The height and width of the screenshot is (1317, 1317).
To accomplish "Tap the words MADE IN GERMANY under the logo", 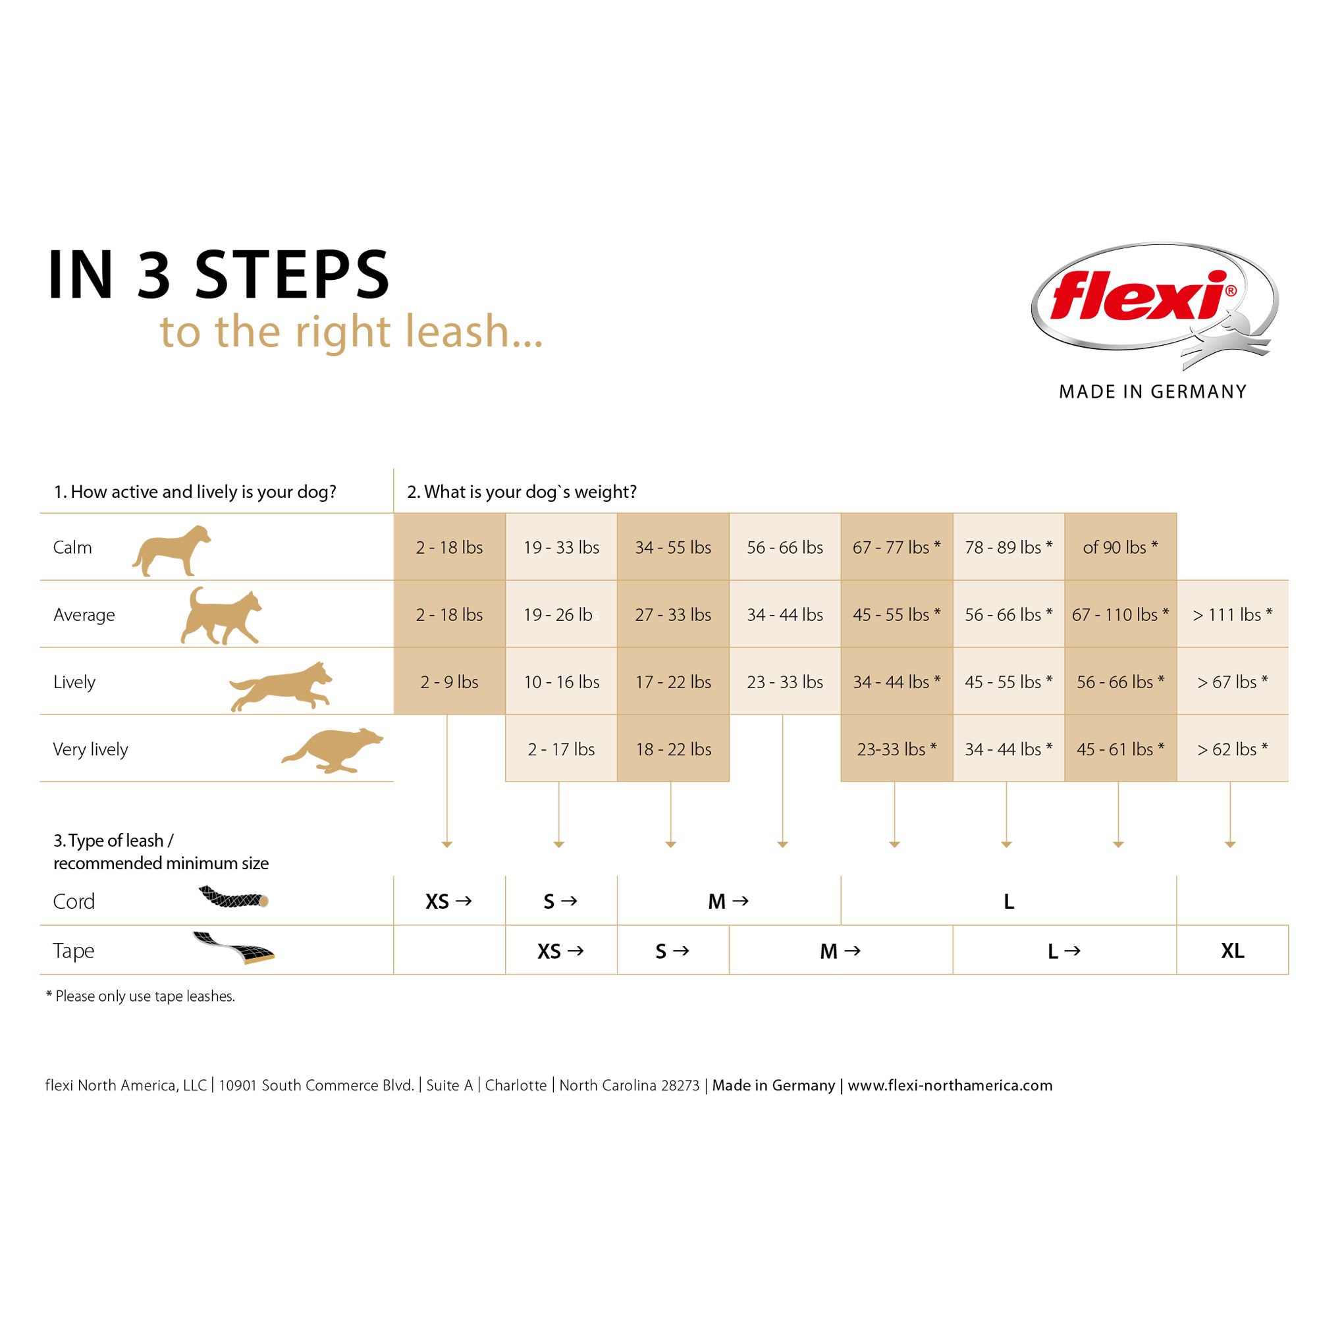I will point(1152,392).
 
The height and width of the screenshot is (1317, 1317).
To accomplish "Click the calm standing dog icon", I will point(171,550).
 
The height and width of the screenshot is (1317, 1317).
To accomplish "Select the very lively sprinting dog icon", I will point(333,750).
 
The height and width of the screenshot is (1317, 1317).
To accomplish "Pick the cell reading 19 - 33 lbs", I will point(561,547).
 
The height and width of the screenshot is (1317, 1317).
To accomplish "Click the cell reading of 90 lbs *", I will point(1120,547).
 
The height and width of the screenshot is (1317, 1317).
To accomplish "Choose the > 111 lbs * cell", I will point(1232,615).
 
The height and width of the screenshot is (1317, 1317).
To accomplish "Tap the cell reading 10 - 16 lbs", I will point(561,682).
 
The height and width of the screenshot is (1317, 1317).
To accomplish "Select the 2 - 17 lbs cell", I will point(561,749).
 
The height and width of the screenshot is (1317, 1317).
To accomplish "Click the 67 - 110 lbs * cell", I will point(1120,615).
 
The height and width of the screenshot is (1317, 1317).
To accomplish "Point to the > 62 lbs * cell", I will point(1232,749).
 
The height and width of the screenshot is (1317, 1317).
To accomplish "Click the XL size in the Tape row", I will point(1232,950).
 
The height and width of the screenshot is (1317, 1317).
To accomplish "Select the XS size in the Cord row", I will point(438,901).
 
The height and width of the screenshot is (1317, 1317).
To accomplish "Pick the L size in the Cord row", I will point(1008,901).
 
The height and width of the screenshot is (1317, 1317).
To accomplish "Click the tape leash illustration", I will point(233,948).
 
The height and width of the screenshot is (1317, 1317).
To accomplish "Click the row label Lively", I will point(74,682).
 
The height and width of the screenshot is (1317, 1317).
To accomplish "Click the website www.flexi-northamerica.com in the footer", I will point(950,1085).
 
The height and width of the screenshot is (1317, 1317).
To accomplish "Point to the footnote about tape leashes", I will point(140,996).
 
